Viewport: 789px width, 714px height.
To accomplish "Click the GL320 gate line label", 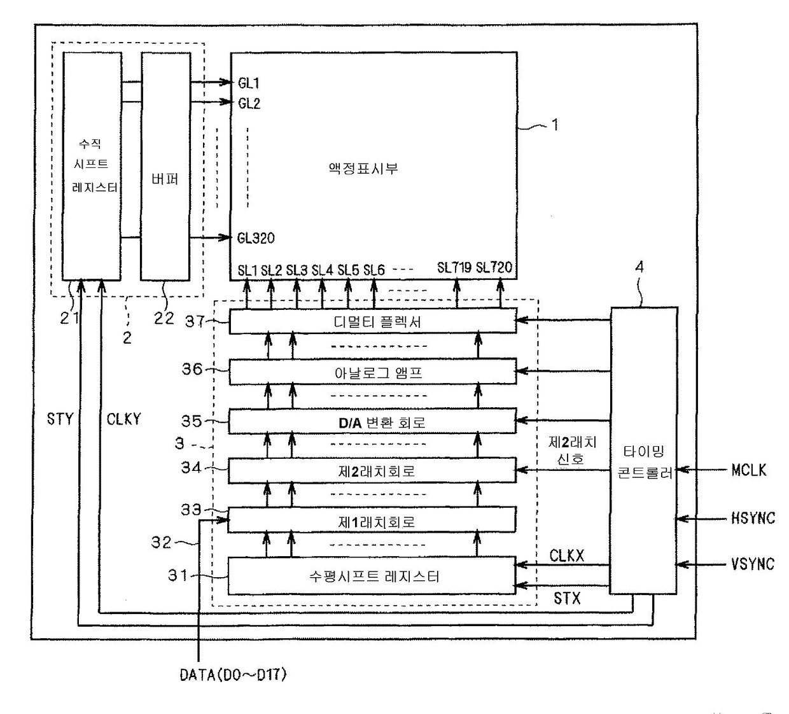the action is tap(256, 238).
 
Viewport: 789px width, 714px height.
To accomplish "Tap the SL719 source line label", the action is tap(454, 268).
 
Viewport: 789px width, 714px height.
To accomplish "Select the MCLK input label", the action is tap(749, 470).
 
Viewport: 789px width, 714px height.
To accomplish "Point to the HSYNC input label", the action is tap(753, 518).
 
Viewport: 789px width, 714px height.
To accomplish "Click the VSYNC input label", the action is tap(753, 564).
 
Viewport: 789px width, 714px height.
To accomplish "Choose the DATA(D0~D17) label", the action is tap(234, 675).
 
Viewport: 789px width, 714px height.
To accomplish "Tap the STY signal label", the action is tap(60, 419).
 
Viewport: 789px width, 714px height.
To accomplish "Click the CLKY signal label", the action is tap(123, 419).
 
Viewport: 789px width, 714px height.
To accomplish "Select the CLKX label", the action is tap(567, 556).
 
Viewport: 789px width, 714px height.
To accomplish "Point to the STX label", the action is tap(567, 598).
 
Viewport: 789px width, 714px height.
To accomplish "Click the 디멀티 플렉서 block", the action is tap(373, 321).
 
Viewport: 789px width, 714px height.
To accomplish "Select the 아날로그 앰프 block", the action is tap(373, 372).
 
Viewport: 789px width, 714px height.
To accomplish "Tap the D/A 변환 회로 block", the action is tap(372, 421).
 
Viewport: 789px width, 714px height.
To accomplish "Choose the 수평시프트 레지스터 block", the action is tap(372, 575).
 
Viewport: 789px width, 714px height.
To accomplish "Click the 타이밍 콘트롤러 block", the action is tap(644, 451).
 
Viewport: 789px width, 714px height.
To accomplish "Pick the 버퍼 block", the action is tap(165, 166).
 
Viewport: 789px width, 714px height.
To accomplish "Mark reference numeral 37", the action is tap(195, 322).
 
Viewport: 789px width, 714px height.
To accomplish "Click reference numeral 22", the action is tap(164, 318).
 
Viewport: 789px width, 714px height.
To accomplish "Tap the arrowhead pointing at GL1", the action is tap(225, 82).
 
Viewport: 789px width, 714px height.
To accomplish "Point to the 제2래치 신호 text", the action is tap(572, 451).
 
